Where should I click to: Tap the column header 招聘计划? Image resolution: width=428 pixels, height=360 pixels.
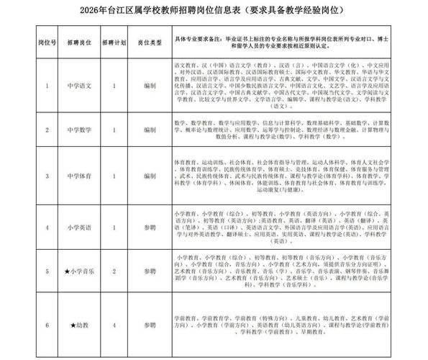pos(114,42)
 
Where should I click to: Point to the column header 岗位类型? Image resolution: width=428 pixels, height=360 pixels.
pos(150,42)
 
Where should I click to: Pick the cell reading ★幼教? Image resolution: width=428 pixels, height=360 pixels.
pos(78,325)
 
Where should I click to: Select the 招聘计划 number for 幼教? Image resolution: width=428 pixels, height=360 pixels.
pos(114,325)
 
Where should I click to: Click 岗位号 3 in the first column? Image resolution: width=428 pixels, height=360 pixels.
pos(47,176)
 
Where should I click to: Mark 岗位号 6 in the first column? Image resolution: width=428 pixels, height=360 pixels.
pos(47,325)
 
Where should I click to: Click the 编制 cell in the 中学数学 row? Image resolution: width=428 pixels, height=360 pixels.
pos(150,131)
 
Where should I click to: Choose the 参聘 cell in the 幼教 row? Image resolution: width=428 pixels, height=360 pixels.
pos(150,325)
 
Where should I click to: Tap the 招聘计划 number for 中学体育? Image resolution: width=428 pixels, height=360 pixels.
pos(114,176)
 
